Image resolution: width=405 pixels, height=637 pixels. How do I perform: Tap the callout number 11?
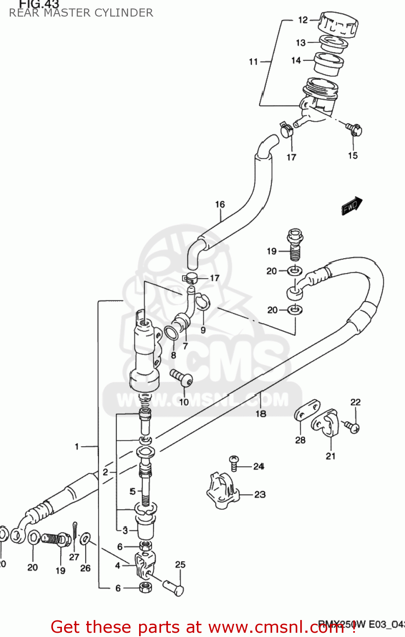coord(253,62)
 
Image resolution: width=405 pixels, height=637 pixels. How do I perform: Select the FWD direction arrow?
coord(352,206)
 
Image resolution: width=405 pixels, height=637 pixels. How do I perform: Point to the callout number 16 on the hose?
coord(220,205)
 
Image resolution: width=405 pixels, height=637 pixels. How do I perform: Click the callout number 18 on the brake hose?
coord(261,413)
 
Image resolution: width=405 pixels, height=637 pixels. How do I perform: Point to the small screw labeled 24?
coord(234,462)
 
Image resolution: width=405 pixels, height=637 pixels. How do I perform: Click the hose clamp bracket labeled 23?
coord(221,490)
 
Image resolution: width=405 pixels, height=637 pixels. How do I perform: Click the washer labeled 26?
coord(85,539)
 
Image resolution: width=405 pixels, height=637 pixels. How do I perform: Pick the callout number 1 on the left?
coord(77,446)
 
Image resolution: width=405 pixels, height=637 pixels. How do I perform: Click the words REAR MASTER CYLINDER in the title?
coord(81,13)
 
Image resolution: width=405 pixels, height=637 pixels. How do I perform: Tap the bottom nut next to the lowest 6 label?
coord(145,588)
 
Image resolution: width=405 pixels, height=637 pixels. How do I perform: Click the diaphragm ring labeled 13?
coord(333,42)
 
